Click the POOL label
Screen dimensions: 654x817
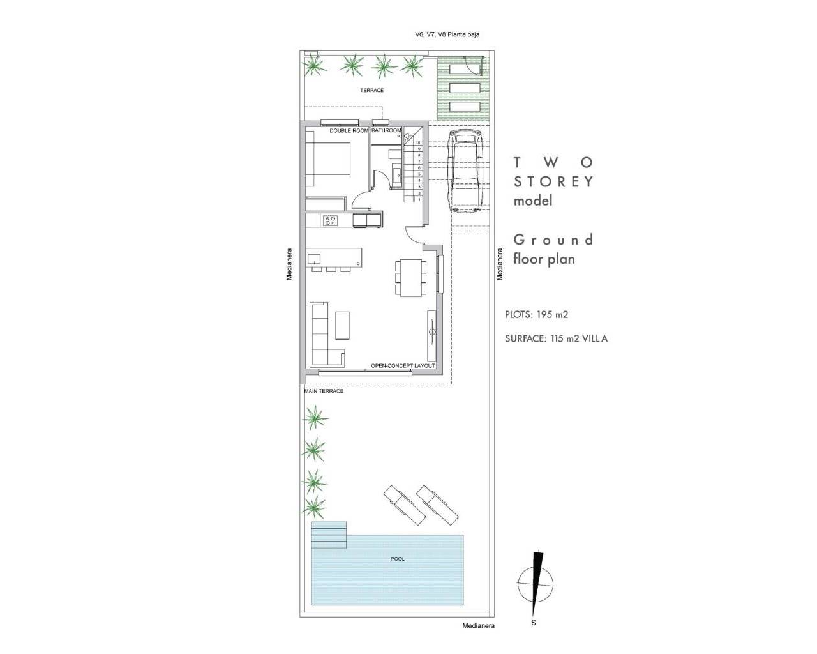click(397, 559)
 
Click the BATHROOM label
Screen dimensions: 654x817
click(387, 131)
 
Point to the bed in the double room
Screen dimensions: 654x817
click(329, 158)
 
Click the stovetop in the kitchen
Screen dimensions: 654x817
click(331, 221)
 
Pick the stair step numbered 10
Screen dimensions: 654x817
click(419, 144)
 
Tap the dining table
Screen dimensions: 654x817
click(409, 277)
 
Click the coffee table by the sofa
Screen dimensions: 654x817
click(342, 325)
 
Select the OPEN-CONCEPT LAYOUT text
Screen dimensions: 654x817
click(403, 367)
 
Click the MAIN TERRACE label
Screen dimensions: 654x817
click(324, 391)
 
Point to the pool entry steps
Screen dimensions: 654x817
click(329, 535)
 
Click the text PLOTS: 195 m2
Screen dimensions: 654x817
click(536, 315)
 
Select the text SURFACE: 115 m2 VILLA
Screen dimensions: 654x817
click(556, 339)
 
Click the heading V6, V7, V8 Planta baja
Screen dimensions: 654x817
click(446, 35)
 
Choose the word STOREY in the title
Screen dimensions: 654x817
click(553, 181)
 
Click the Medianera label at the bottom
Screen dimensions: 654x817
click(478, 626)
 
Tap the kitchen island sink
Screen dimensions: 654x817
click(314, 259)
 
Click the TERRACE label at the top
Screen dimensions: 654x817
click(371, 91)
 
